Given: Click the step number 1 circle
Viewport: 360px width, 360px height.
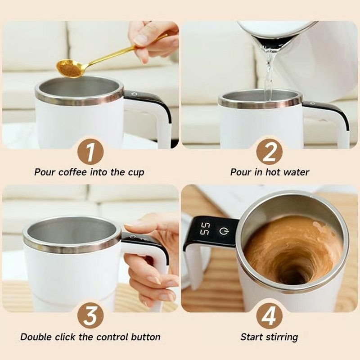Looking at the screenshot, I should pyautogui.click(x=90, y=152).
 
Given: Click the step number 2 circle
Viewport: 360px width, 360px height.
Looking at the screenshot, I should pyautogui.click(x=269, y=152).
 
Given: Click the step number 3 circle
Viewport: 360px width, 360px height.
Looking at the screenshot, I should pyautogui.click(x=90, y=316).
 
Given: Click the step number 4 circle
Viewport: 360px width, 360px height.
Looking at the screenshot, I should pyautogui.click(x=269, y=316).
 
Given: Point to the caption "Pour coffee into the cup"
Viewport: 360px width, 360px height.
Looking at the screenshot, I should pyautogui.click(x=90, y=172).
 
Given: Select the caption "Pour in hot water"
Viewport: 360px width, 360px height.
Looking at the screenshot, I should pyautogui.click(x=270, y=172).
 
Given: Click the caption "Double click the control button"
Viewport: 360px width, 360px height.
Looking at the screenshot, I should pyautogui.click(x=90, y=337).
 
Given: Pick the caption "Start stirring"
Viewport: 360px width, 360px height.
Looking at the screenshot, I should pyautogui.click(x=269, y=337).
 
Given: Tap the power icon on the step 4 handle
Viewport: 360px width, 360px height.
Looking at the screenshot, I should pyautogui.click(x=224, y=231).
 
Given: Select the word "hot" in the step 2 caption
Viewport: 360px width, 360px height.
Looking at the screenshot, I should pyautogui.click(x=273, y=172).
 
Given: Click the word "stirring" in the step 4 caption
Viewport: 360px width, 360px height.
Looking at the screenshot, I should pyautogui.click(x=282, y=337).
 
